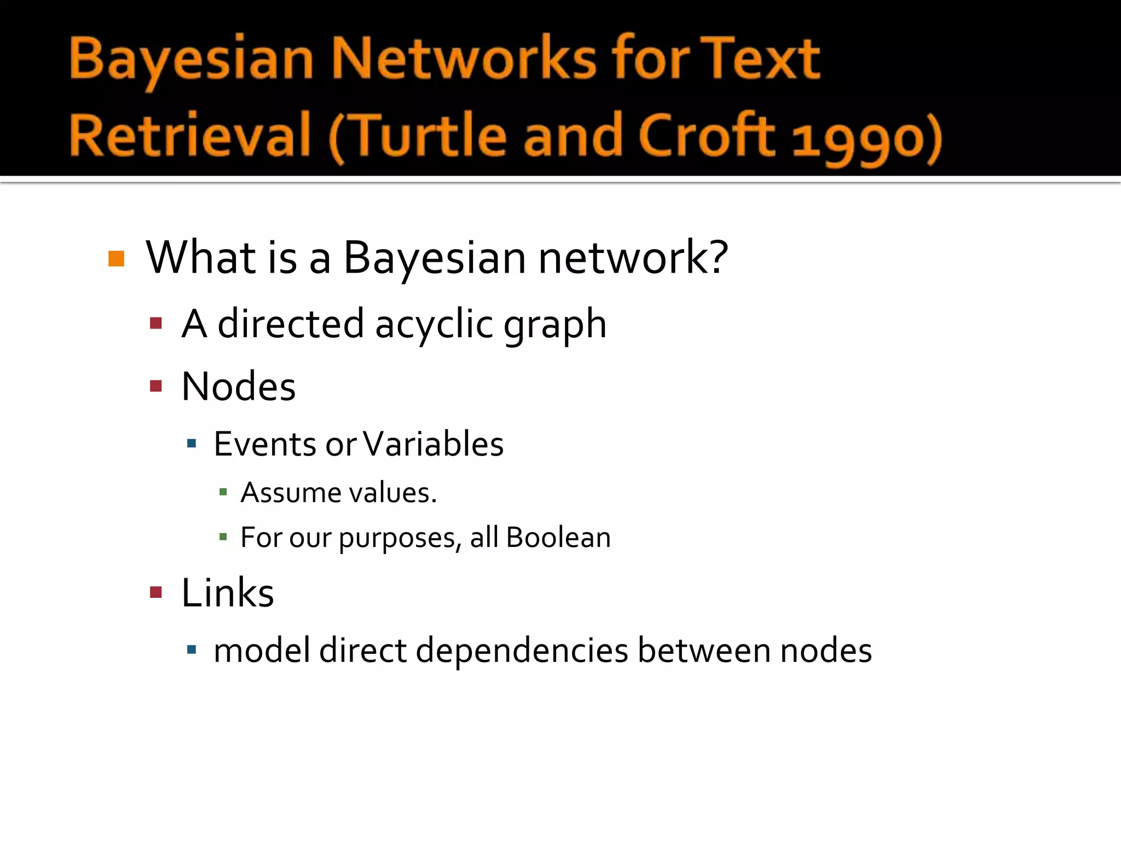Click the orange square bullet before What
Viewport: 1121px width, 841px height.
117,258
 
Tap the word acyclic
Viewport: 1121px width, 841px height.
434,324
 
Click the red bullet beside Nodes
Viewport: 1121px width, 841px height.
156,387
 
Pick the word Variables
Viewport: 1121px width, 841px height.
433,443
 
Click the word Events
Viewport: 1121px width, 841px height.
265,443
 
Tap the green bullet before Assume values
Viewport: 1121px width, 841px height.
223,492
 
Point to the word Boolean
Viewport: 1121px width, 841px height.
558,537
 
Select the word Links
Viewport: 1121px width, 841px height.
227,593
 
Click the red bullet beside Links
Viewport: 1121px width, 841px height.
156,592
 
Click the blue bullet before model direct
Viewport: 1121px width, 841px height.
191,650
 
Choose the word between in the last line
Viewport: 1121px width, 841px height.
703,651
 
